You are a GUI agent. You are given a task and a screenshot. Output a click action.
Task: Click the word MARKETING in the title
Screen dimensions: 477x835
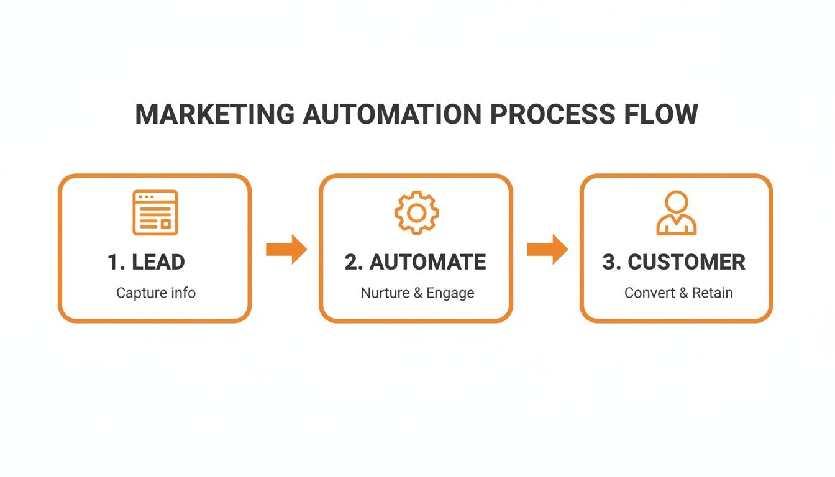214,115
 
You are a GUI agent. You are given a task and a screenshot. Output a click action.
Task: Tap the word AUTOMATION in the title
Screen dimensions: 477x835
392,115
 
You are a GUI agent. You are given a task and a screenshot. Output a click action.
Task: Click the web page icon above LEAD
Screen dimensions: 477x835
155,213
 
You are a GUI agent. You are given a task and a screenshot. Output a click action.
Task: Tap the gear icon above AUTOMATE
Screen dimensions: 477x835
417,213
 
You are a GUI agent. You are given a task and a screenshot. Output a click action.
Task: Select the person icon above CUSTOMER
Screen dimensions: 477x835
677,213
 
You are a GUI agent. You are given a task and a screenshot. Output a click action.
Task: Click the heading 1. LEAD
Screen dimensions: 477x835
146,262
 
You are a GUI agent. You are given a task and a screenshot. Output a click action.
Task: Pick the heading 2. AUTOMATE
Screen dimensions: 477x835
415,262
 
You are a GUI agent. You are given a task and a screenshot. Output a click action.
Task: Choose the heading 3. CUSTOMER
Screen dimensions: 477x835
673,262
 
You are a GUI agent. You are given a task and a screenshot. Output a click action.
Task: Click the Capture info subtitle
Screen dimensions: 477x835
156,293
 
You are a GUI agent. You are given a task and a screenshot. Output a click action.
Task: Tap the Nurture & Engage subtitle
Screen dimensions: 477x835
417,293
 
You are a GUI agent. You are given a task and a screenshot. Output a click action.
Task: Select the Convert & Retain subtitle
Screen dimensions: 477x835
678,293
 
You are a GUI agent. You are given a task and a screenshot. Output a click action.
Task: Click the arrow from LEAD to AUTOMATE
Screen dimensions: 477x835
286,250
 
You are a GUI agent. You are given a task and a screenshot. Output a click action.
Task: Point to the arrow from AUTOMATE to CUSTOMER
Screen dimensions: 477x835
547,250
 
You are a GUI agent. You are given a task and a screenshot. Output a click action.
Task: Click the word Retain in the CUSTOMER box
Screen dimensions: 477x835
713,293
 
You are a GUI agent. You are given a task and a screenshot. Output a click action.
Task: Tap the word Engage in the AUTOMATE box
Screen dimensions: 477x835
450,293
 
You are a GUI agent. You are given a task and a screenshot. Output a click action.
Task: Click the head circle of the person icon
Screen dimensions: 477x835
677,202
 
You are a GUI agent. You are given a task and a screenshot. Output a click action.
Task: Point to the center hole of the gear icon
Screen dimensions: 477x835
417,213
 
